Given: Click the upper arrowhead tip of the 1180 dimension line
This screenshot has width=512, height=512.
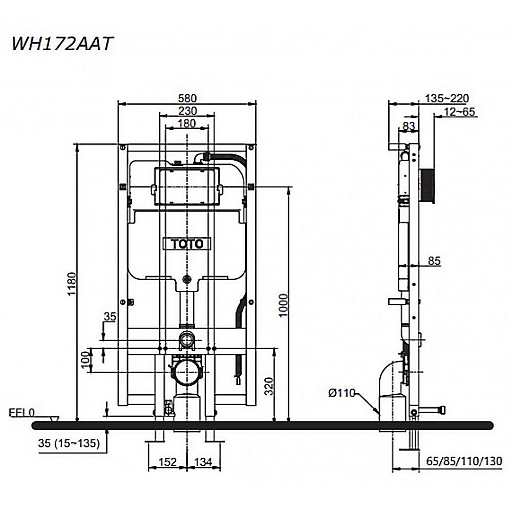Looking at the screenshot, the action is [x=77, y=144].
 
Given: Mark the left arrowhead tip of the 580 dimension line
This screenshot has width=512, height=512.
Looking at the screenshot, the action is [x=118, y=104].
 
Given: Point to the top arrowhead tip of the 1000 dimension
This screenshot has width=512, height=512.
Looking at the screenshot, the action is [x=289, y=187].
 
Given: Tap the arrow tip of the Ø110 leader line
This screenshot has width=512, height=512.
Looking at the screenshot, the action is [x=380, y=413].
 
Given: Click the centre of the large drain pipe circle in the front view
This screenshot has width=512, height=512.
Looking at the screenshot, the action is [x=186, y=372].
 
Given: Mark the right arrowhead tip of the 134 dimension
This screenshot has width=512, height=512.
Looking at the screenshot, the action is [x=221, y=467].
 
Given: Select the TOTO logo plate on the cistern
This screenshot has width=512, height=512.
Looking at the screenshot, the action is [x=187, y=244].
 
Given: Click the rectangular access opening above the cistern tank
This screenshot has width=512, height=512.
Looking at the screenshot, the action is [x=186, y=186].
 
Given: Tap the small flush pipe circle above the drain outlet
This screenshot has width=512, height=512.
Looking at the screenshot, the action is [x=186, y=339].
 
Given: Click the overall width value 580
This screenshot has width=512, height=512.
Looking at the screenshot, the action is [x=187, y=98].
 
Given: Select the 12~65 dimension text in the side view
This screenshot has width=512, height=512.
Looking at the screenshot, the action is [x=459, y=112].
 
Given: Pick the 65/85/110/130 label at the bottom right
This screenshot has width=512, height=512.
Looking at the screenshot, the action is [x=464, y=461].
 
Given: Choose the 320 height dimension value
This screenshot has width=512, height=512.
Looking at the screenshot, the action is [x=269, y=386].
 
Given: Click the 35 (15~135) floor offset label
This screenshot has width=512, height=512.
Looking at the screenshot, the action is [x=69, y=443].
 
